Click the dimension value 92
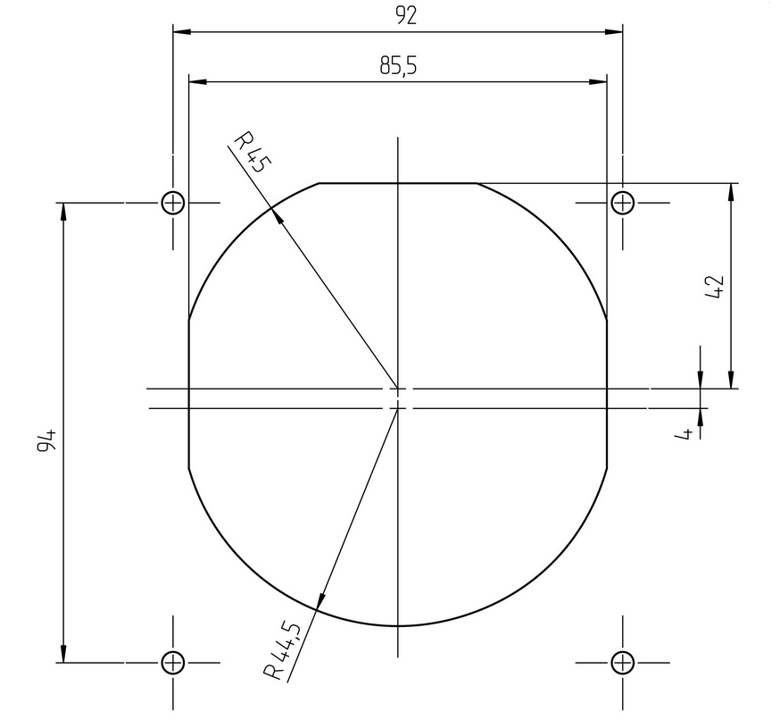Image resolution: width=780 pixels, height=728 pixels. (406, 16)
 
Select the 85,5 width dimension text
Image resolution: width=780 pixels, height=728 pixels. (398, 65)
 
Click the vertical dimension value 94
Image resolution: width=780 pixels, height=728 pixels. (46, 439)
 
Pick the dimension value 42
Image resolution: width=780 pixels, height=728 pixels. (714, 287)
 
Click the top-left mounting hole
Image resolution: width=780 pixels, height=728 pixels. (173, 203)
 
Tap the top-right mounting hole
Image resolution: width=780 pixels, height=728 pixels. (622, 203)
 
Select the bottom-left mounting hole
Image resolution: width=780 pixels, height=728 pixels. (173, 663)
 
